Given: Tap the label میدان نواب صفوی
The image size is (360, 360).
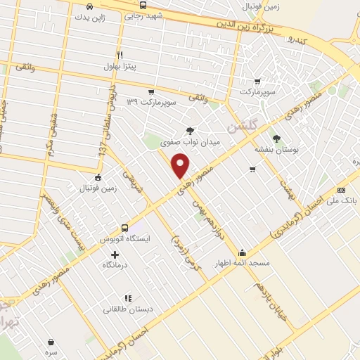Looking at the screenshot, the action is point(191,141).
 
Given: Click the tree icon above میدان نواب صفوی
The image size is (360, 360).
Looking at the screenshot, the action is point(191,130).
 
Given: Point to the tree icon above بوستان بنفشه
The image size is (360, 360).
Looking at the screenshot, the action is point(276,139).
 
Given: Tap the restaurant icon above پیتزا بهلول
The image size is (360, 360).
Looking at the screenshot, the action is point(120,54).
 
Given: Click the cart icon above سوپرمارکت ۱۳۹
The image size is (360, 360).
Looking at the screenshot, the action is point(150,92).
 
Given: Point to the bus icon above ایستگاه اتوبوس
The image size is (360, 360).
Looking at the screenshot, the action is point(124,228).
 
